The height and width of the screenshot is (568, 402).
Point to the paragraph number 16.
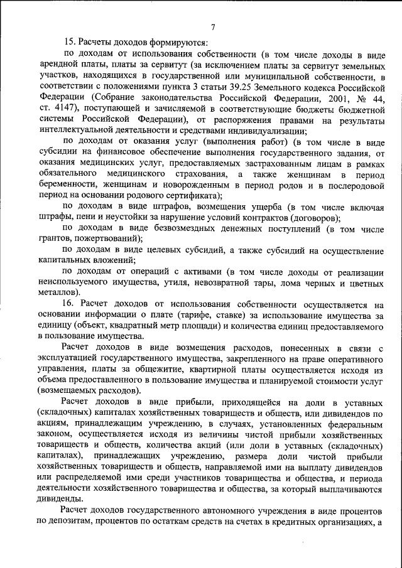(70, 304)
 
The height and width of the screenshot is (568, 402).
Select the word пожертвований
(109, 240)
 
